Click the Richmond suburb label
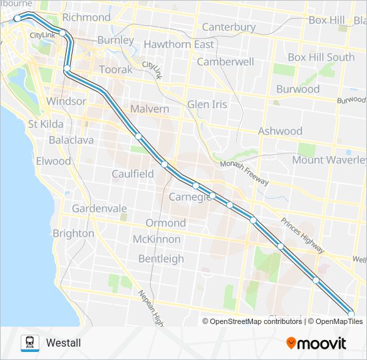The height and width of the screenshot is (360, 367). (x=86, y=17)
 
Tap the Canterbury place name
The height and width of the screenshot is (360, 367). (x=229, y=27)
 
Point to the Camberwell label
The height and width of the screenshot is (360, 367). (x=226, y=61)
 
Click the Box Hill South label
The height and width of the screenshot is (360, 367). (x=321, y=57)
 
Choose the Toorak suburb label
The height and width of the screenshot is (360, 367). (x=116, y=69)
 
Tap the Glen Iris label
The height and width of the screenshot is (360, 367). (x=207, y=105)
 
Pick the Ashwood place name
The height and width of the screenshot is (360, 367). (x=280, y=131)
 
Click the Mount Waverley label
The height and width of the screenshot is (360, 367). (x=329, y=160)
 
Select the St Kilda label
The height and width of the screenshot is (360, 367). (x=45, y=124)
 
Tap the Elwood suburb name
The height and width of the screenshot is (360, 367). (x=53, y=161)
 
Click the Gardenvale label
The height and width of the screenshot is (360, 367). (x=99, y=209)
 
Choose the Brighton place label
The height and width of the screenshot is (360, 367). (x=73, y=233)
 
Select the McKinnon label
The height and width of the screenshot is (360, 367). (x=157, y=239)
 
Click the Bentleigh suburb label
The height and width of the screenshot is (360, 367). (x=161, y=258)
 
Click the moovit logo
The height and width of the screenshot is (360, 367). (x=316, y=343)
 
